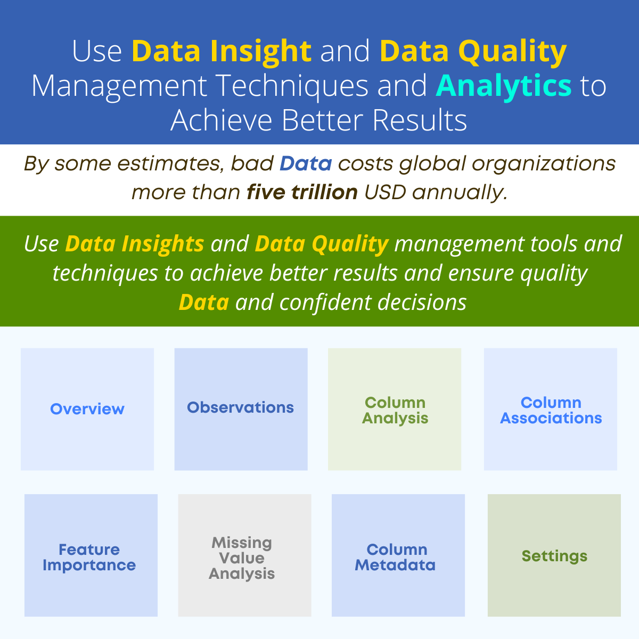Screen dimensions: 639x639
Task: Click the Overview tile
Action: [x=87, y=409]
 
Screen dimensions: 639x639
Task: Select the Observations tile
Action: [x=241, y=409]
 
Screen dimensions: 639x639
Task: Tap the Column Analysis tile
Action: [x=395, y=409]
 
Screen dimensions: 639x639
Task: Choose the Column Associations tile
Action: [x=551, y=409]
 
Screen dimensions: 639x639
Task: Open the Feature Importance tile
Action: [x=91, y=555]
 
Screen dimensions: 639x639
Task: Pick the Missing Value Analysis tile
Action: [x=245, y=555]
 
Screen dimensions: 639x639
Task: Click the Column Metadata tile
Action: [x=398, y=555]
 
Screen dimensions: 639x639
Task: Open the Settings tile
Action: [x=554, y=555]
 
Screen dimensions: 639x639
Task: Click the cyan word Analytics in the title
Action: [x=504, y=86]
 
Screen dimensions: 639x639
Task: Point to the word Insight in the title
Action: [x=260, y=52]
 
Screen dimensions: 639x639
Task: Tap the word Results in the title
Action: [x=420, y=120]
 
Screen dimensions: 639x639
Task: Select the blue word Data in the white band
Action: [x=306, y=163]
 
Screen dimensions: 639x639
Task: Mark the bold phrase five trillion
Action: [x=302, y=192]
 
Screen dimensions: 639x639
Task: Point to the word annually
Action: [x=460, y=193]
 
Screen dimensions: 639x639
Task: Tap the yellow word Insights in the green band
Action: [x=163, y=244]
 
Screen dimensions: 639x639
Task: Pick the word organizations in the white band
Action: [x=544, y=164]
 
